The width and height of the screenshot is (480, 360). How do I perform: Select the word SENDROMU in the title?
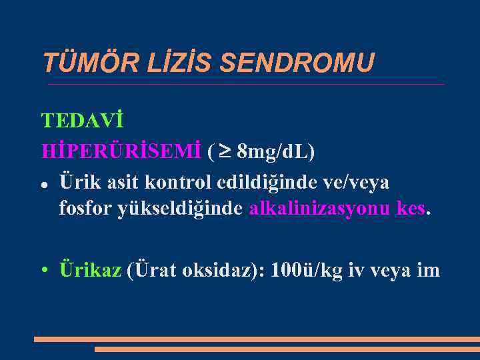[x=297, y=63]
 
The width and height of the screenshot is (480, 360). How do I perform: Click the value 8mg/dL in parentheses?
[x=275, y=151]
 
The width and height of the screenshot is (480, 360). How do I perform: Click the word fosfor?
[x=85, y=209]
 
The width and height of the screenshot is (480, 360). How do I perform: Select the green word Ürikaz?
[x=90, y=270]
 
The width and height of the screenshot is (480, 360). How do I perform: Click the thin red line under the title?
[x=245, y=85]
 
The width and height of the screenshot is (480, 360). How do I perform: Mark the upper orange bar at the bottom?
[x=257, y=339]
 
